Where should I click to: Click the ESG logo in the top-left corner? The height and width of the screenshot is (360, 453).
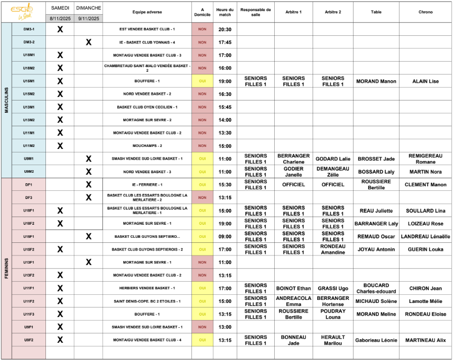pyautogui.click(x=23, y=12)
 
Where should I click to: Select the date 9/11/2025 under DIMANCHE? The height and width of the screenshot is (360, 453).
pyautogui.click(x=88, y=18)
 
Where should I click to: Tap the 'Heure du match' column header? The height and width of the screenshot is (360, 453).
pyautogui.click(x=225, y=12)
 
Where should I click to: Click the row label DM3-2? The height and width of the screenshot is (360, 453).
pyautogui.click(x=29, y=42)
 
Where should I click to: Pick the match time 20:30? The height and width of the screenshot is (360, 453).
pyautogui.click(x=225, y=29)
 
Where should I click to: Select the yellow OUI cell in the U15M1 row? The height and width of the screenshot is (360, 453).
pyautogui.click(x=202, y=81)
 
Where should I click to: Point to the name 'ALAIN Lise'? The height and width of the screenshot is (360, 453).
pyautogui.click(x=425, y=81)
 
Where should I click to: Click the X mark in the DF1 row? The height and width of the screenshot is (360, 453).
pyautogui.click(x=88, y=185)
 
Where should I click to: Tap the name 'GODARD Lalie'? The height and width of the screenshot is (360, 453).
pyautogui.click(x=332, y=159)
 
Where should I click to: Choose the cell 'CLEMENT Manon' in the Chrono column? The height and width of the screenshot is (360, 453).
pyautogui.click(x=425, y=185)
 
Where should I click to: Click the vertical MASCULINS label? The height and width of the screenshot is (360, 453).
pyautogui.click(x=7, y=100)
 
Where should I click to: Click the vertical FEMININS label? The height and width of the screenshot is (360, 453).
pyautogui.click(x=7, y=268)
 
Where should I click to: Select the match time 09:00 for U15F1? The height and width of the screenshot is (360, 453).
pyautogui.click(x=225, y=236)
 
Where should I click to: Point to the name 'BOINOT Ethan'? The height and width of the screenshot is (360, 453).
pyautogui.click(x=293, y=288)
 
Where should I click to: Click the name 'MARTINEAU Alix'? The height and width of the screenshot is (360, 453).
pyautogui.click(x=425, y=340)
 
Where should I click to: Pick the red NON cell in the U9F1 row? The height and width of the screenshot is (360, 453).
pyautogui.click(x=202, y=327)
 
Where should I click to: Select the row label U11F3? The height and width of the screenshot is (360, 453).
pyautogui.click(x=29, y=314)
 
